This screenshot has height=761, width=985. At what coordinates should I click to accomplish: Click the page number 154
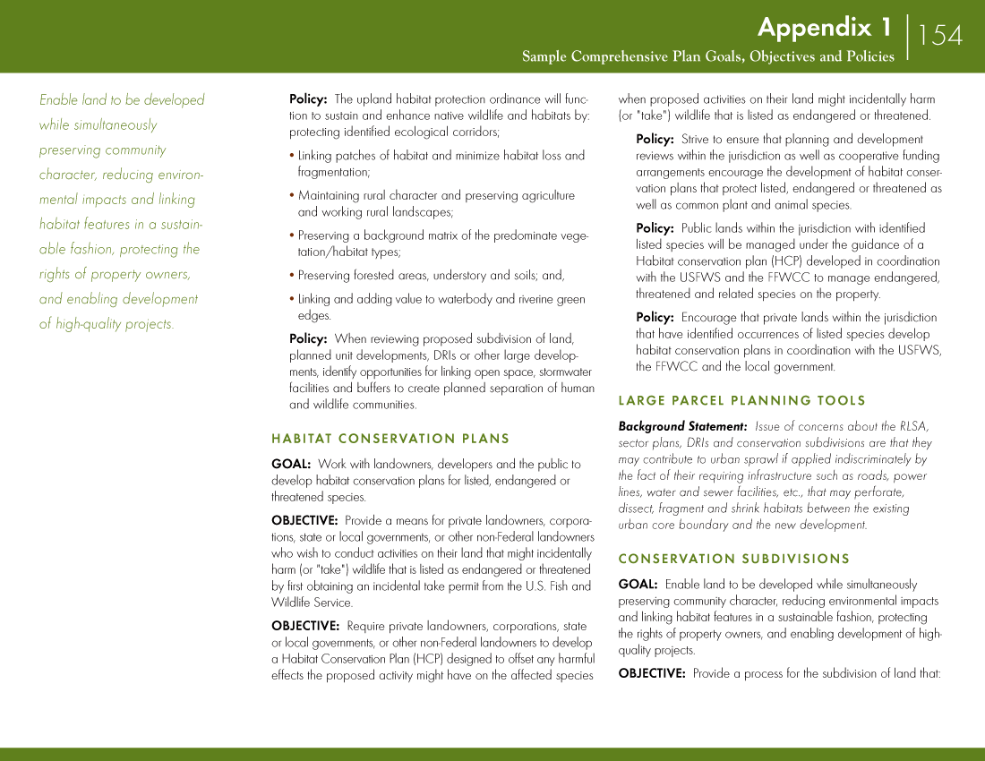[x=940, y=35]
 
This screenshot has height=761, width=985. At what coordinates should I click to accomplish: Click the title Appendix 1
[x=824, y=27]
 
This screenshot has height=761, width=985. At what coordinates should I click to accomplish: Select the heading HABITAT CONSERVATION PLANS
[x=390, y=439]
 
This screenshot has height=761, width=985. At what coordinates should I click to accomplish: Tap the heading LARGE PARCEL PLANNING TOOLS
[x=742, y=400]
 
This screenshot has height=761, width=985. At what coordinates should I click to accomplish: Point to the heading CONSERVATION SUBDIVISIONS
[x=734, y=559]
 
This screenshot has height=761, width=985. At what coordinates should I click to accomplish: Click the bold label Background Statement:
[x=682, y=426]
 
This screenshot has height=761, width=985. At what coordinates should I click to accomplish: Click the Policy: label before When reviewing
[x=308, y=338]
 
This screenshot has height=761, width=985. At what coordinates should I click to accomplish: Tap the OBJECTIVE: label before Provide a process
[x=652, y=673]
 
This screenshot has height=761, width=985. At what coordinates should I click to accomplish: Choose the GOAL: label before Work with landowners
[x=291, y=464]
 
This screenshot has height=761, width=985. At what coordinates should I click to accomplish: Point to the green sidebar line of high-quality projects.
[x=107, y=324]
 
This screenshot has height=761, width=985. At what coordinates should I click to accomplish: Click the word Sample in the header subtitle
[x=544, y=56]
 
